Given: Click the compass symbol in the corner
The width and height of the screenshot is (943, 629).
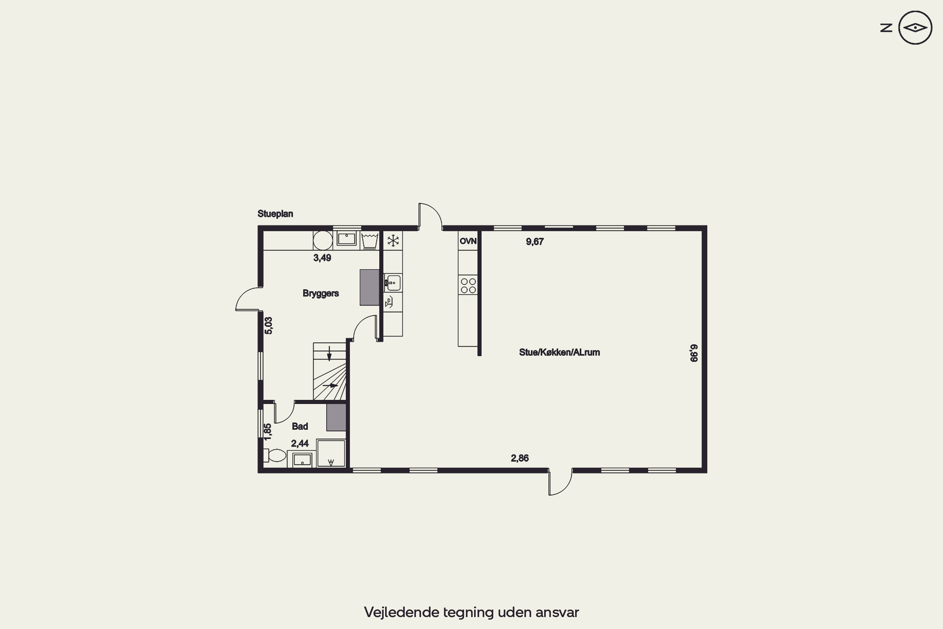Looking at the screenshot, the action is pos(915,28).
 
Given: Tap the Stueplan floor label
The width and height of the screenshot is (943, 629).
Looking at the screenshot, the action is pos(275,214).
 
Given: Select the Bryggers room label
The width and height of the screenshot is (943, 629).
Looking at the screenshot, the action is pos(321,293).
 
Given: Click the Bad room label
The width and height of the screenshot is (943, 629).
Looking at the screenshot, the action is pos(300,426).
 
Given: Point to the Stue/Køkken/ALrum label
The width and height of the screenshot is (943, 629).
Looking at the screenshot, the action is pos(559,352).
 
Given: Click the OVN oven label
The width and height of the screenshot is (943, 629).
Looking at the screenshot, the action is pos(468,241).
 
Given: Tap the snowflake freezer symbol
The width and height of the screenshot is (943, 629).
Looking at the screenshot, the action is pos(393,241).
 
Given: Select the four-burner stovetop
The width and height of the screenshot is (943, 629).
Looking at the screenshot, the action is pos(468,286).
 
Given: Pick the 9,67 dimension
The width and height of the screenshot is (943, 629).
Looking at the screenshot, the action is pos(535,242).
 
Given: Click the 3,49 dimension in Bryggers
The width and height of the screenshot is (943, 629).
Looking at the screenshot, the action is pos(322,258).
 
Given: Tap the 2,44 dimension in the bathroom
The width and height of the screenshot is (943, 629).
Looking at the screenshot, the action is pos(300,443).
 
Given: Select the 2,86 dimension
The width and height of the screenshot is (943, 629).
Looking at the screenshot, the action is pos(520,458).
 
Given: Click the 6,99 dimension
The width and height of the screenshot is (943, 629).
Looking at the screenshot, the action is pos(694,353).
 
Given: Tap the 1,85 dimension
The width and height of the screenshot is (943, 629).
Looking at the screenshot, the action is pos(267,431).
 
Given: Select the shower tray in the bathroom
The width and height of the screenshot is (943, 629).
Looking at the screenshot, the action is pos(331,453).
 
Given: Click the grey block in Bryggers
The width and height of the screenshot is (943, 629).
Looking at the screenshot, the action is pos(369,287).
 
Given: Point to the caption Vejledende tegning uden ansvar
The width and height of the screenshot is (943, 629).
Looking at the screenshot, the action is pos(472,612).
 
